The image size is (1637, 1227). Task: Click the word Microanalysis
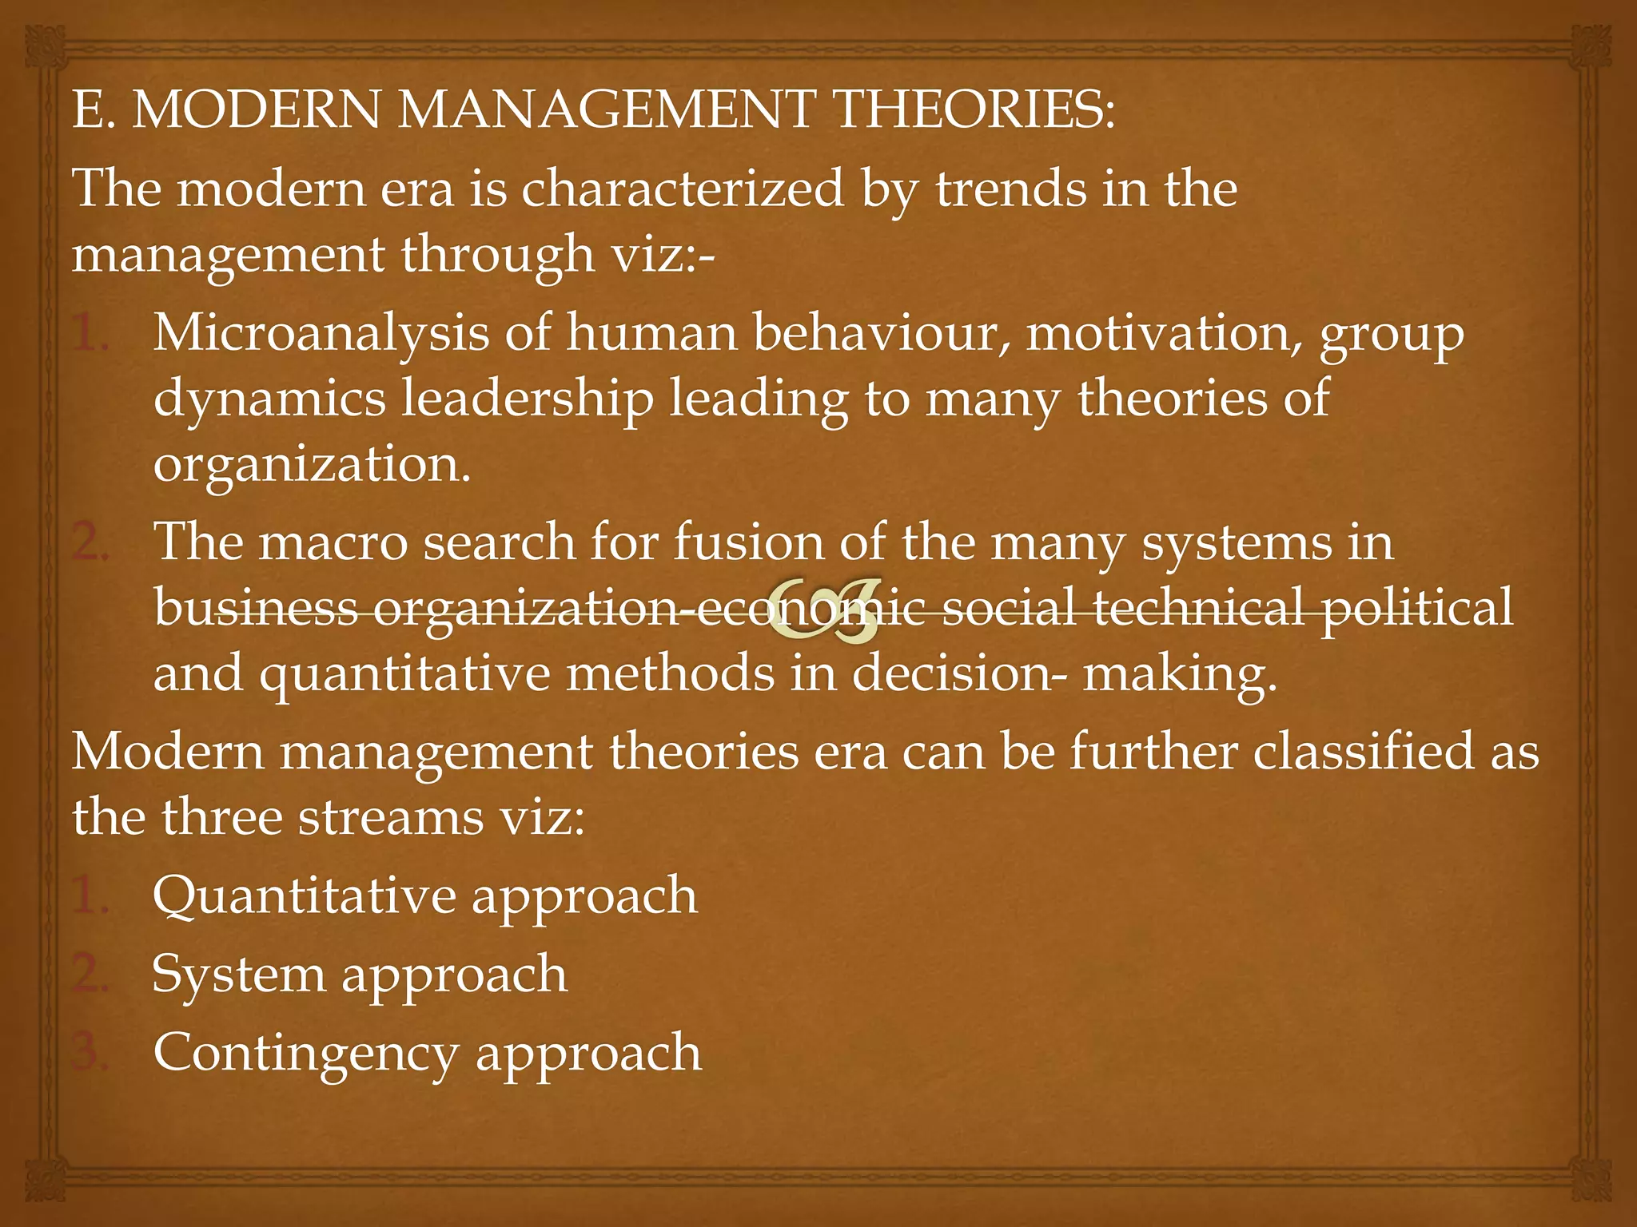coord(320,335)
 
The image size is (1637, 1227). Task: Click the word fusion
coord(748,542)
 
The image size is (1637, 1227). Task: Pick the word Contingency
coord(305,1054)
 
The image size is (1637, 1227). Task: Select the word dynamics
coord(269,399)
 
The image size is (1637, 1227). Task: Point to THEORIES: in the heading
coord(974,110)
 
